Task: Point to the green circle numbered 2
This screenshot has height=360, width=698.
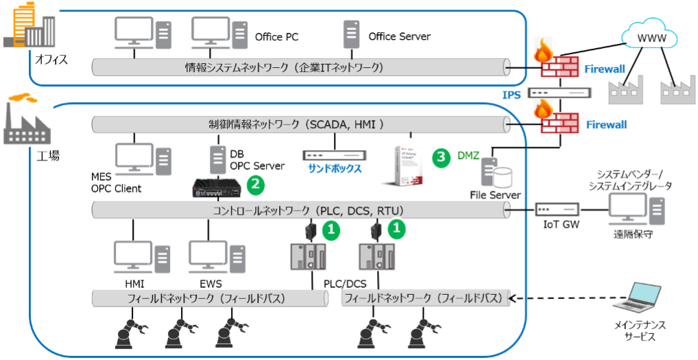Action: pos(256,184)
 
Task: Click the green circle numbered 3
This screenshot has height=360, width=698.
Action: pos(442,157)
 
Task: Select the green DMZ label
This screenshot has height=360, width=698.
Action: pos(468,157)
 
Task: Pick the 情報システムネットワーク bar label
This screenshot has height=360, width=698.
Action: pos(284,67)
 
